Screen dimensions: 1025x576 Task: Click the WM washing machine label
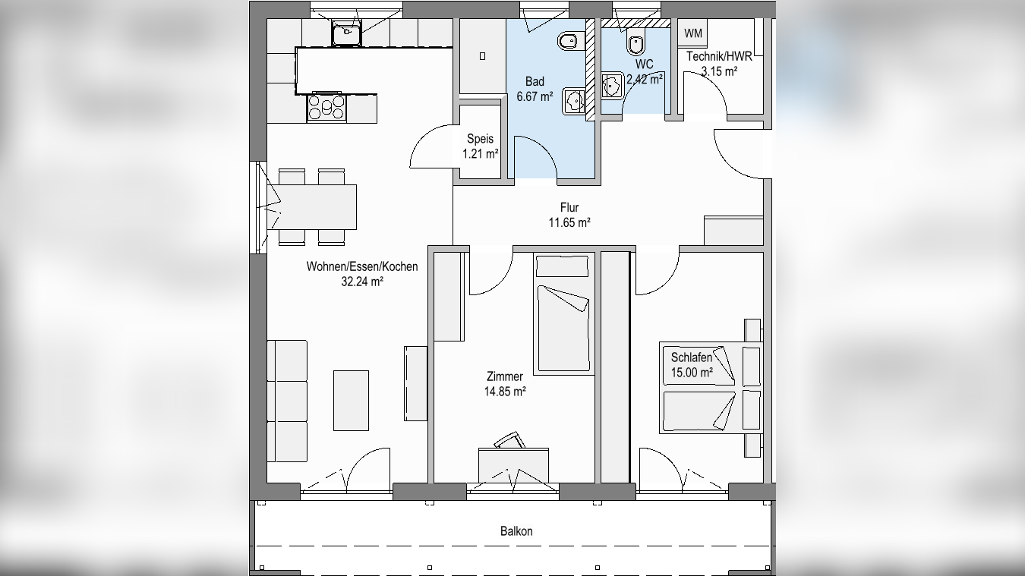pyautogui.click(x=692, y=33)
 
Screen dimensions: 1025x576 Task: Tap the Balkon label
pyautogui.click(x=516, y=531)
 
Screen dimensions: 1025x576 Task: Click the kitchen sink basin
pyautogui.click(x=347, y=33)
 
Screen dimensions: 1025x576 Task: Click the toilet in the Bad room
pyautogui.click(x=569, y=42)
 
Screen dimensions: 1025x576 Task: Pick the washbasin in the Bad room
pyautogui.click(x=574, y=102)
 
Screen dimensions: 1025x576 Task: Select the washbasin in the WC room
pyautogui.click(x=612, y=85)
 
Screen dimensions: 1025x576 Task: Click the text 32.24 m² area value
pyautogui.click(x=362, y=282)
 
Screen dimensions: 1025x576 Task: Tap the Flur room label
pyautogui.click(x=569, y=208)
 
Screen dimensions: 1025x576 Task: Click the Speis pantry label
pyautogui.click(x=480, y=139)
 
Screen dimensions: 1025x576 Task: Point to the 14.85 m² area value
pyautogui.click(x=505, y=392)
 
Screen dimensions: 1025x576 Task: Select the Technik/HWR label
pyautogui.click(x=719, y=56)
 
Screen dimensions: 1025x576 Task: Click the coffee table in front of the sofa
pyautogui.click(x=351, y=401)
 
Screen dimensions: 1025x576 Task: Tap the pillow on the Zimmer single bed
pyautogui.click(x=562, y=266)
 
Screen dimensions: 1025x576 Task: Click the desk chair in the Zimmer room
pyautogui.click(x=509, y=439)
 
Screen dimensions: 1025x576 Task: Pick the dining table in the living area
pyautogui.click(x=317, y=206)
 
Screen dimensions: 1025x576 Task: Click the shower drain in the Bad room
pyautogui.click(x=482, y=56)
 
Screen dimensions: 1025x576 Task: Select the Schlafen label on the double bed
pyautogui.click(x=692, y=357)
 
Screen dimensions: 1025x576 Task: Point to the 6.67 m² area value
pyautogui.click(x=535, y=97)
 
